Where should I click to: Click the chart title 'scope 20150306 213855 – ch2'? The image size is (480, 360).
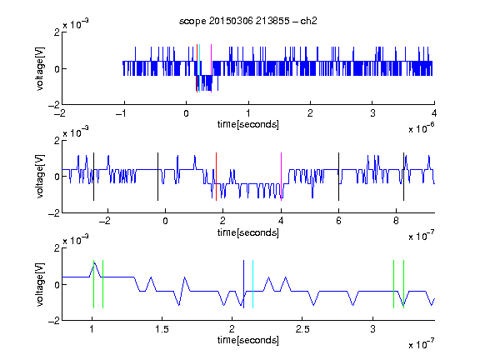248,21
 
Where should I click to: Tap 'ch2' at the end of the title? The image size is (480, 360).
308,21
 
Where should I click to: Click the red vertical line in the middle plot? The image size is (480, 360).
216,177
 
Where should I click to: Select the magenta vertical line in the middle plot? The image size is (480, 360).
282,177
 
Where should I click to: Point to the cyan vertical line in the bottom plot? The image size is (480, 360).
252,284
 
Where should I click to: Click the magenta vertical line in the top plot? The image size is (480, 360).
211,68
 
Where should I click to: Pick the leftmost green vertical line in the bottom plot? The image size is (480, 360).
93,284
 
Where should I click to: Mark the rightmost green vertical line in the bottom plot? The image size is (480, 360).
404,284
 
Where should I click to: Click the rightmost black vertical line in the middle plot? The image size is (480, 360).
404,177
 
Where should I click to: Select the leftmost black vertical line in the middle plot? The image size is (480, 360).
93,177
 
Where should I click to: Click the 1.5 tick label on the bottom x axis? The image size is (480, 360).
162,329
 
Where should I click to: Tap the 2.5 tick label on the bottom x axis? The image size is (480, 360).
302,329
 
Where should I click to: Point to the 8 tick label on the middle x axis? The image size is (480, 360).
396,221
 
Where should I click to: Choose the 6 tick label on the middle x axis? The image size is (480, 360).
338,221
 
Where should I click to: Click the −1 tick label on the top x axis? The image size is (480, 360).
122,113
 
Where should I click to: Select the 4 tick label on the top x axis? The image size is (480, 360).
434,113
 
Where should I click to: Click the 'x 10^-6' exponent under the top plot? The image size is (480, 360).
422,128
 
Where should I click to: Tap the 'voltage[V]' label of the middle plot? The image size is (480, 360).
40,177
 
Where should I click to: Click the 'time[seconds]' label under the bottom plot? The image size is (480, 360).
248,340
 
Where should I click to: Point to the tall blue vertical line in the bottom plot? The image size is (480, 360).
243,284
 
